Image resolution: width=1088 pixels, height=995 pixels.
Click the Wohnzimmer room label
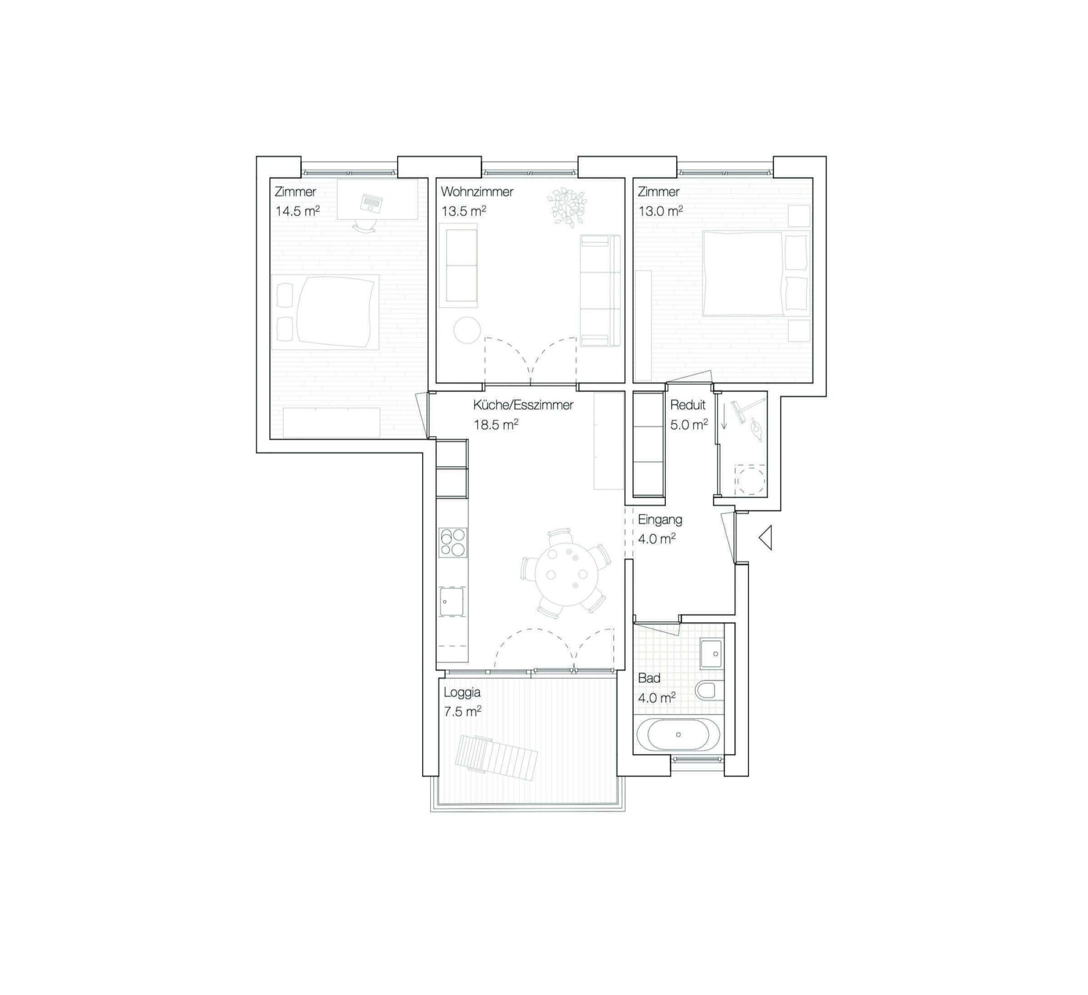[477, 191]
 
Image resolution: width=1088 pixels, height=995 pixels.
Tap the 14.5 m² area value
[298, 211]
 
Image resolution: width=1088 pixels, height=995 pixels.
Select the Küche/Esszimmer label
[523, 405]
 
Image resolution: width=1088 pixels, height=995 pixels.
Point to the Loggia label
[462, 693]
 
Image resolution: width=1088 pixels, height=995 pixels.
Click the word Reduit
[688, 405]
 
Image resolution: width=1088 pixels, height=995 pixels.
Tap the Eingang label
[660, 520]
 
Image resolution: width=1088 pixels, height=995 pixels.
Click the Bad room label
[649, 678]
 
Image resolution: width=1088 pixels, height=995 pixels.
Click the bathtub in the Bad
[678, 734]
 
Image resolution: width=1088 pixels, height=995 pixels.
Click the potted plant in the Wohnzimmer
[567, 206]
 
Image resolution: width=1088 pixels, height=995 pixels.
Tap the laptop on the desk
[371, 202]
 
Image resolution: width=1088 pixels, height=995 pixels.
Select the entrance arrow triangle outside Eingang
[765, 538]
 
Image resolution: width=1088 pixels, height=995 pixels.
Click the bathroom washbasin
[711, 653]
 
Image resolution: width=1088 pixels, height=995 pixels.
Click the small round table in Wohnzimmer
[467, 330]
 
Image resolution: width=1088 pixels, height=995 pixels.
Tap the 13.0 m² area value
[660, 211]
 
